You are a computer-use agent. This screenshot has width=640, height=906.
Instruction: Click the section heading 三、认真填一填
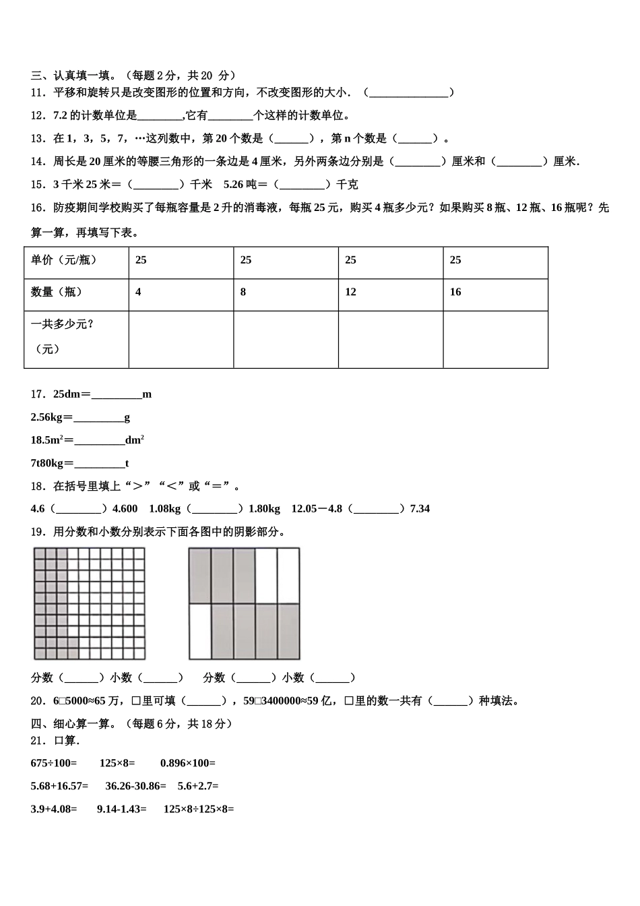tap(73, 75)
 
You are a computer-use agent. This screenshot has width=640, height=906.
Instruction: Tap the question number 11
tap(38, 92)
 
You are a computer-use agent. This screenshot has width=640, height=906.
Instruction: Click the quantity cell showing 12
tap(350, 292)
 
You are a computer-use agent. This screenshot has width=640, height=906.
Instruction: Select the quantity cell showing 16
tap(455, 292)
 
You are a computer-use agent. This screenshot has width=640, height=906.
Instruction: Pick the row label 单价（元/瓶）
tap(64, 260)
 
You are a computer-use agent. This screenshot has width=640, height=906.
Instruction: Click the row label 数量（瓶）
tap(57, 292)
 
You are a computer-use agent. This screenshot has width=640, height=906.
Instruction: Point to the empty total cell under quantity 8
tap(286, 339)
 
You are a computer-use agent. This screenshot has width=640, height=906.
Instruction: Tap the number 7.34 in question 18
tap(420, 509)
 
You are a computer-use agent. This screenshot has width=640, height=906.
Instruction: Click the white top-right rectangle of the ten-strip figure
tap(288, 575)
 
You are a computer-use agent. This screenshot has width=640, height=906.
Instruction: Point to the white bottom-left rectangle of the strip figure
tap(200, 632)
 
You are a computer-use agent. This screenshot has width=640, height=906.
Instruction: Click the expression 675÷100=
tap(54, 763)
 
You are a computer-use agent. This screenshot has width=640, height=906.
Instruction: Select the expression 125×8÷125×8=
tap(199, 809)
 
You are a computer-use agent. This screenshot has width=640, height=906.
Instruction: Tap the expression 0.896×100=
tap(188, 763)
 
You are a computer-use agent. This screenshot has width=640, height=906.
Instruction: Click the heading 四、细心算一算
tap(74, 724)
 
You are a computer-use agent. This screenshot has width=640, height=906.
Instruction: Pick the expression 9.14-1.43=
tap(122, 809)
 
